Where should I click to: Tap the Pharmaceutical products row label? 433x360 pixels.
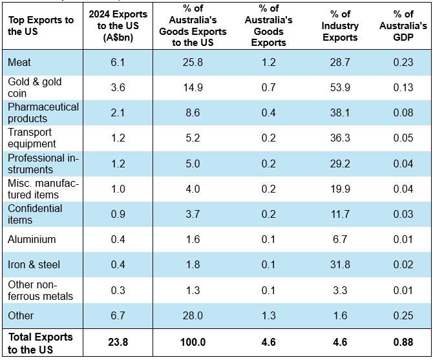coord(43,112)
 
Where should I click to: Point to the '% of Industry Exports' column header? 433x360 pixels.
coord(341,26)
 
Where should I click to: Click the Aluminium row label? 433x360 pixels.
coord(32,239)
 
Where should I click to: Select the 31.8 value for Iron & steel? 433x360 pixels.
coord(341,265)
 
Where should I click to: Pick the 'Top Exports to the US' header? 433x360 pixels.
coord(40,26)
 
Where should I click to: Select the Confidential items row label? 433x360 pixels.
coord(35,214)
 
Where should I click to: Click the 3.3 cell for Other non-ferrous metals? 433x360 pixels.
coord(341,290)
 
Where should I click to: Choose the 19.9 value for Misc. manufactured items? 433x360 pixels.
coord(341,189)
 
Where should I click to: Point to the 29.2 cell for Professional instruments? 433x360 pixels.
coord(341,164)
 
